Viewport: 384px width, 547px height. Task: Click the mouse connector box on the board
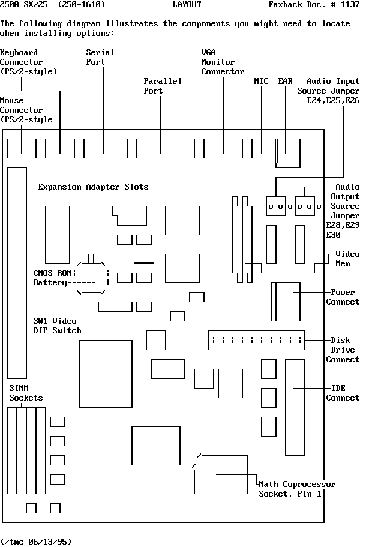22,148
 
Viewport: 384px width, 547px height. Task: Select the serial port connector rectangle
105,148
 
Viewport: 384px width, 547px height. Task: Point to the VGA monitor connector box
223,148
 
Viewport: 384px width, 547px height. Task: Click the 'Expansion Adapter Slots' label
93,187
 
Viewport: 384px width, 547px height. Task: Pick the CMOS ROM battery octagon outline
92,276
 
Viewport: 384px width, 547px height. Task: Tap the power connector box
286,302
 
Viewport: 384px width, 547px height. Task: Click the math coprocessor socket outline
220,474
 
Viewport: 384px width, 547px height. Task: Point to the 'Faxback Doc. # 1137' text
314,5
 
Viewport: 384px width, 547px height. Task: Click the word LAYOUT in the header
187,5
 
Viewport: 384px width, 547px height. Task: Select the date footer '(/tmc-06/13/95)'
36,542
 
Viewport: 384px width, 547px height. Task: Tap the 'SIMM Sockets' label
26,393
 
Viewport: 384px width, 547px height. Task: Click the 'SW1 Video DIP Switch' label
57,326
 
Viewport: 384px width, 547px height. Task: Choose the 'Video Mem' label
347,259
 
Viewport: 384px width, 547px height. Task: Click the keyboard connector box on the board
60,148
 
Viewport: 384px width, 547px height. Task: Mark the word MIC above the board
261,81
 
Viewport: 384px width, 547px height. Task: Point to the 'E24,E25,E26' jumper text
333,100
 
